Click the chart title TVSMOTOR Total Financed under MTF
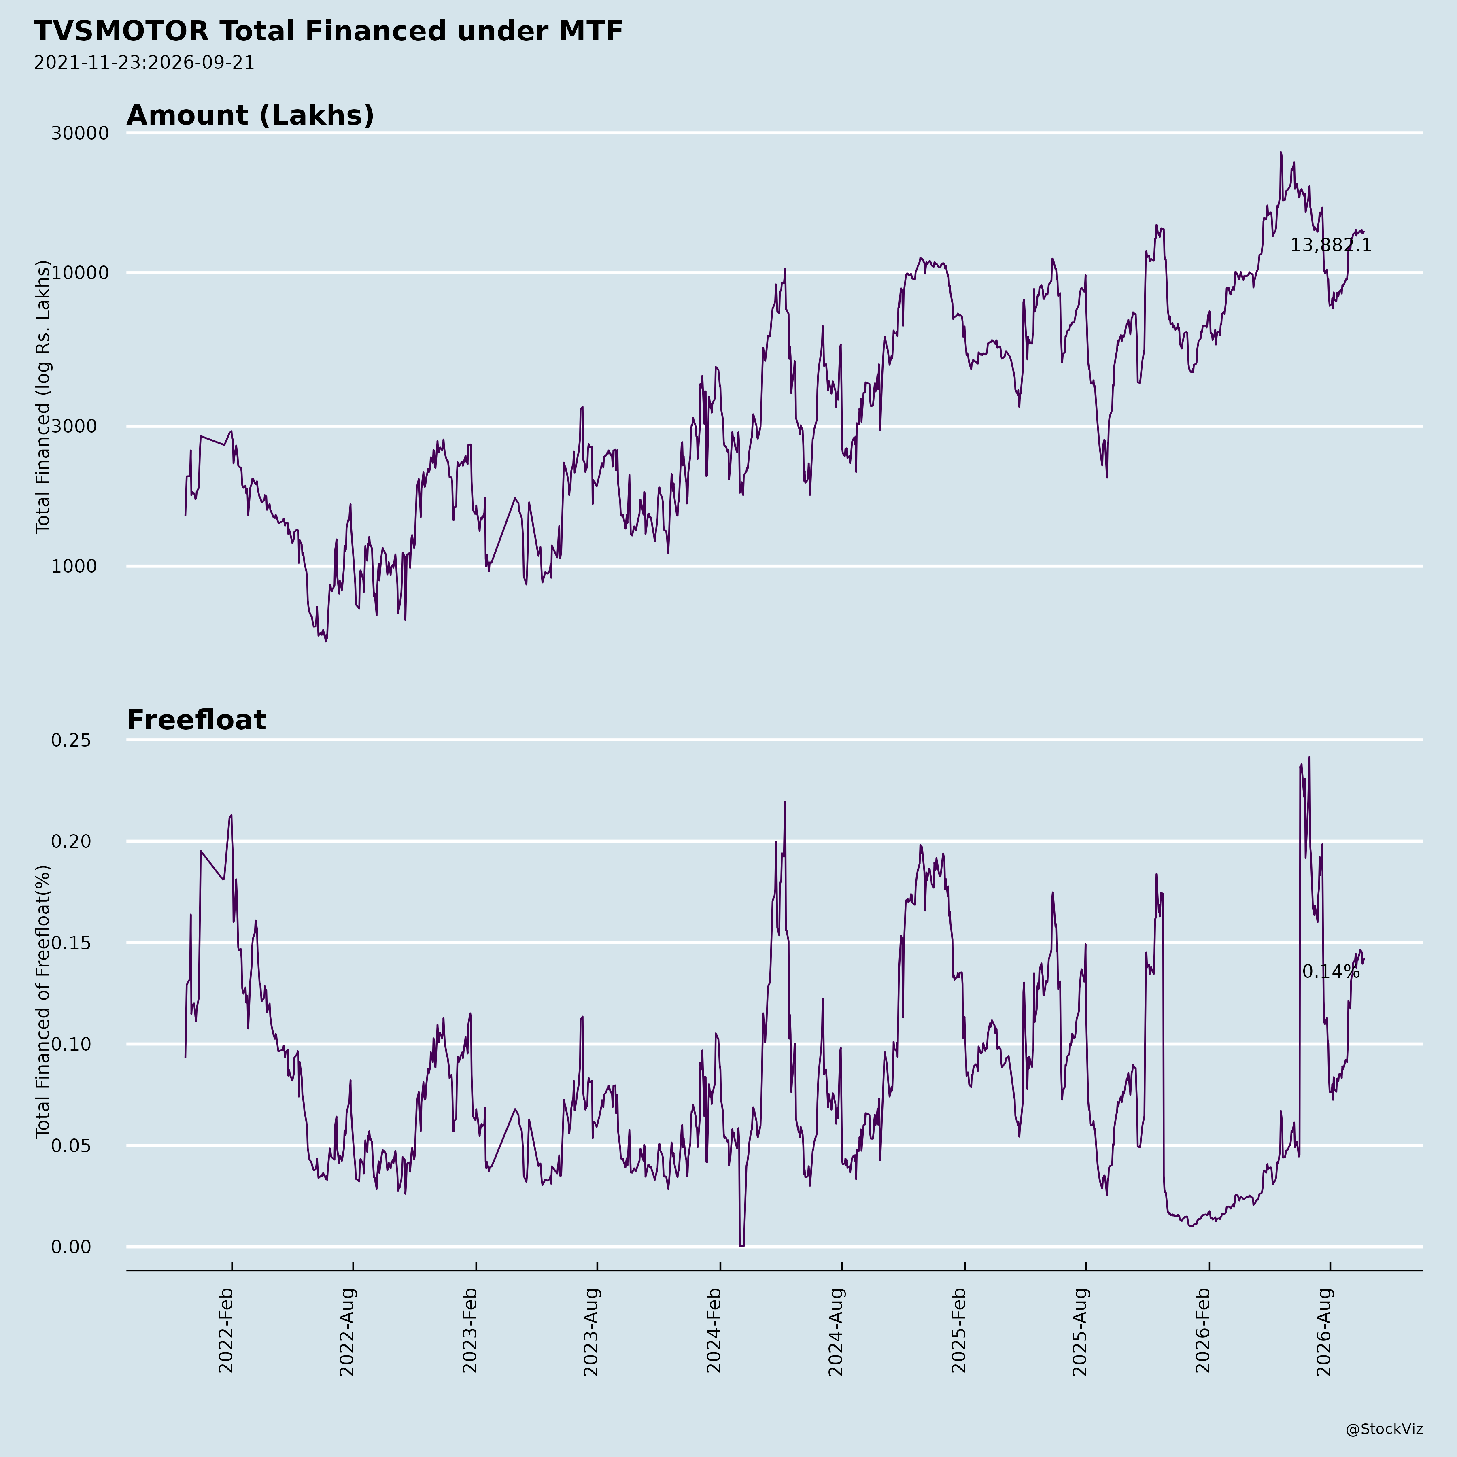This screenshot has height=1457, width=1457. point(328,32)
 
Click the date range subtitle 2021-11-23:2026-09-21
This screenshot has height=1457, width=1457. point(144,63)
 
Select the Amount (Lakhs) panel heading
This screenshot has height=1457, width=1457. point(251,115)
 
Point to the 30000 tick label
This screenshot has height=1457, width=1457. point(80,134)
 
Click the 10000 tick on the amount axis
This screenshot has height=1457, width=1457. point(80,273)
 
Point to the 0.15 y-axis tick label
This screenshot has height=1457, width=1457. point(71,943)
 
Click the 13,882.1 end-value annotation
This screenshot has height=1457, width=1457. point(1330,245)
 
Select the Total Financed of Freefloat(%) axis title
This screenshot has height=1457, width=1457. point(43,1002)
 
